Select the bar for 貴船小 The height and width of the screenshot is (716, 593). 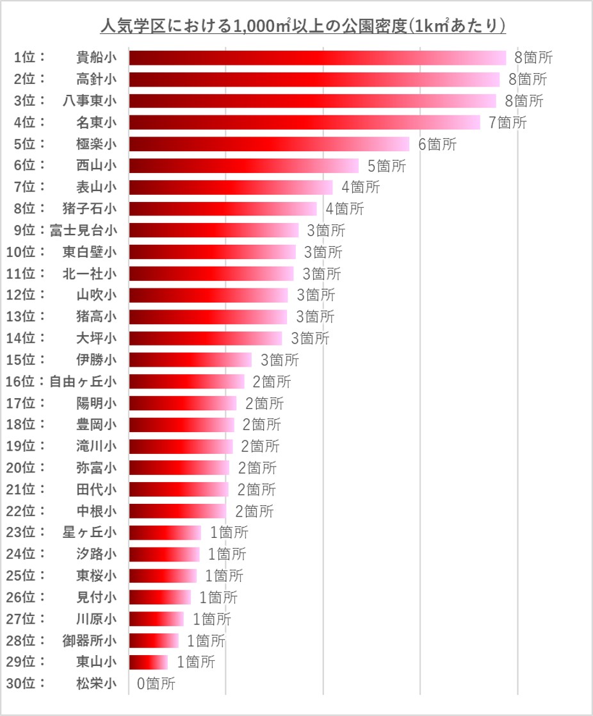tap(317, 58)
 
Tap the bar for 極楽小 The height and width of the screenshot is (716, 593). tap(269, 144)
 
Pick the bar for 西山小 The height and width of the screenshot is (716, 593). tap(243, 165)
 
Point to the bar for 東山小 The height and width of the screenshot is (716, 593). tap(148, 662)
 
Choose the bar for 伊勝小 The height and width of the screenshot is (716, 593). tap(190, 360)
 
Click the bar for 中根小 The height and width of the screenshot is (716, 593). tap(177, 511)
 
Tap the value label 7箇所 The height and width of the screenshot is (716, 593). tap(507, 122)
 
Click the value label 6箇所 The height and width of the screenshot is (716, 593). tap(437, 144)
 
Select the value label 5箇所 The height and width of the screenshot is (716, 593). tap(386, 166)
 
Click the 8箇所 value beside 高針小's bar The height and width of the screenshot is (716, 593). tap(528, 79)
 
